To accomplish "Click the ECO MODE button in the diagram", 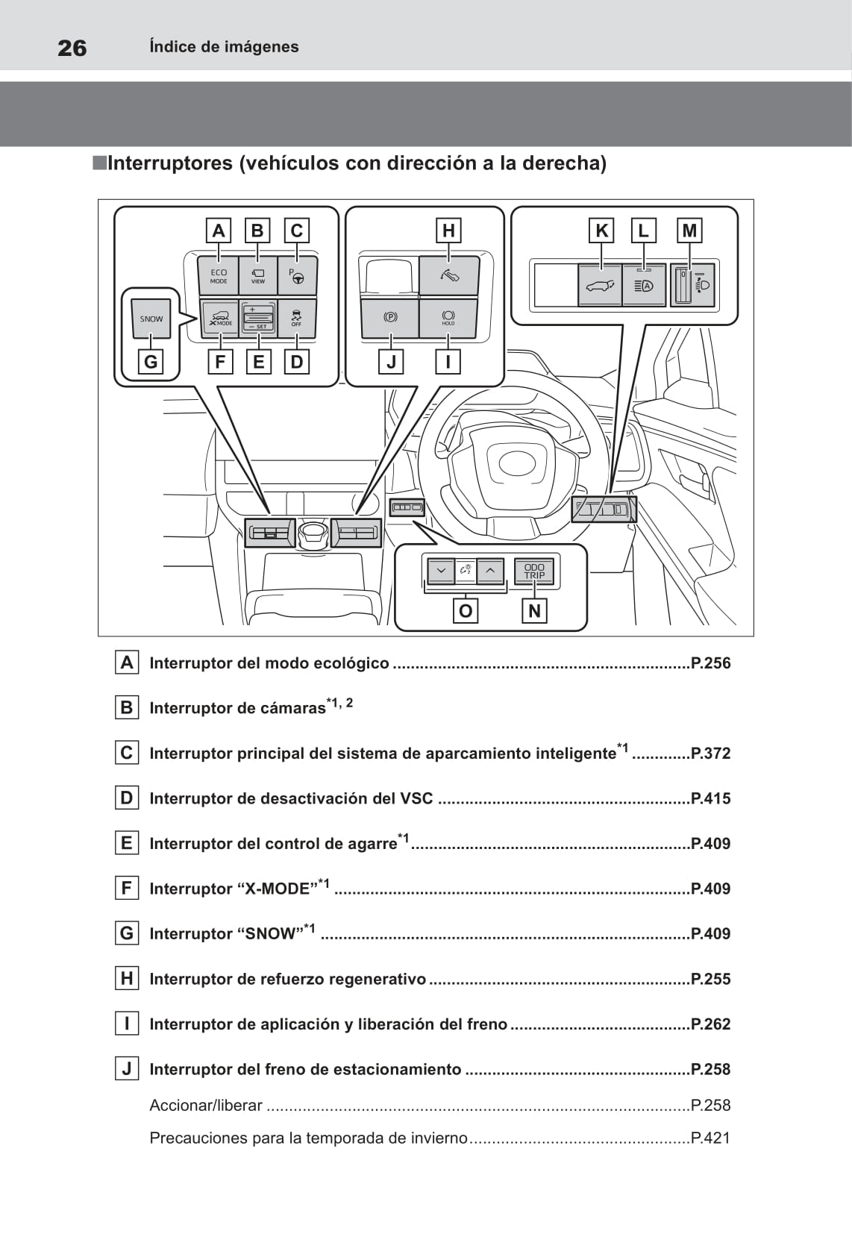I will coord(219,276).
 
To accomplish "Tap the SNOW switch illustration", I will coord(151,319).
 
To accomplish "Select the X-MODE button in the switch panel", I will coord(220,319).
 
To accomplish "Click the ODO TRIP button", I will coord(534,571).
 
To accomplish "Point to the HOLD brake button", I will coord(448,318).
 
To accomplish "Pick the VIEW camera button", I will coord(258,276).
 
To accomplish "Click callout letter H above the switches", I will coord(448,231).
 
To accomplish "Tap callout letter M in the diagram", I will coord(689,231).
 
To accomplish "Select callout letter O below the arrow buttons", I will coord(466,611).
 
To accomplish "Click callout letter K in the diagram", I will coord(601,231).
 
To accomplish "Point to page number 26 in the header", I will coord(72,48).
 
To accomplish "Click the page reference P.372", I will coord(710,754).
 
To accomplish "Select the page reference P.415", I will coord(710,798).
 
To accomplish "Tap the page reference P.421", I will coord(710,1138).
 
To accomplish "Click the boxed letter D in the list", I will coord(127,798).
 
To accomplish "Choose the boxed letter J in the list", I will coord(127,1069).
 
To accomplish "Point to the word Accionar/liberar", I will coord(206,1106).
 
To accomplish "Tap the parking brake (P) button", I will coord(390,318).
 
